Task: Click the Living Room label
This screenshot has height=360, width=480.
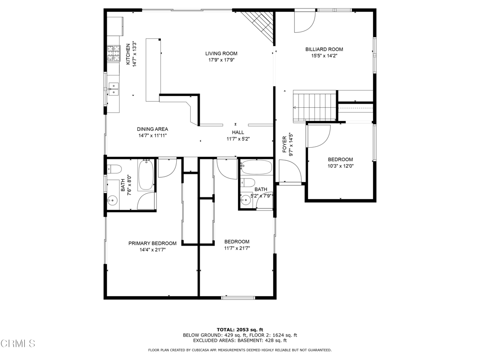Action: [x=221, y=53]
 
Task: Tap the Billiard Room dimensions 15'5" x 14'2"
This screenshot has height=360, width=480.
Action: [x=324, y=56]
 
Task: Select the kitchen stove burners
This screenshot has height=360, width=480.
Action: [x=113, y=53]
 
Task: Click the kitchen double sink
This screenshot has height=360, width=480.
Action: [x=113, y=89]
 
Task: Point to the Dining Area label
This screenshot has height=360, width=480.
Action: [x=152, y=129]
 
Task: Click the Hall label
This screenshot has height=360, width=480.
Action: [x=238, y=132]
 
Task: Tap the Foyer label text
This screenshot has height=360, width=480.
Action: [x=285, y=144]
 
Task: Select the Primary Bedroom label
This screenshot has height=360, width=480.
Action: [x=152, y=243]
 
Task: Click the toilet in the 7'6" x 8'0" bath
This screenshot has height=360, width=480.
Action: [x=114, y=169]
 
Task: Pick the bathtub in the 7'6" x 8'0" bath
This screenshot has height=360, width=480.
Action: [x=146, y=175]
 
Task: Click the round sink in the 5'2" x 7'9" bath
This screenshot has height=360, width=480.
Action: [x=246, y=201]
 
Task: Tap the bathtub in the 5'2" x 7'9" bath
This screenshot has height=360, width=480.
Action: [x=256, y=167]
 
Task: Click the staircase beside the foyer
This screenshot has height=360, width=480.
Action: [x=315, y=107]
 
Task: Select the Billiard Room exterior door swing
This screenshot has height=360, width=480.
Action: [x=305, y=22]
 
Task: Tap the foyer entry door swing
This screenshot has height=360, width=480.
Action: [x=291, y=172]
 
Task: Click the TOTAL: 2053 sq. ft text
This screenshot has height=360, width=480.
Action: [x=240, y=330]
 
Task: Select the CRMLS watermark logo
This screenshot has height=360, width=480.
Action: [x=18, y=344]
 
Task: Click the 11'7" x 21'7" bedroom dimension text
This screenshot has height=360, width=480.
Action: [x=237, y=248]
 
